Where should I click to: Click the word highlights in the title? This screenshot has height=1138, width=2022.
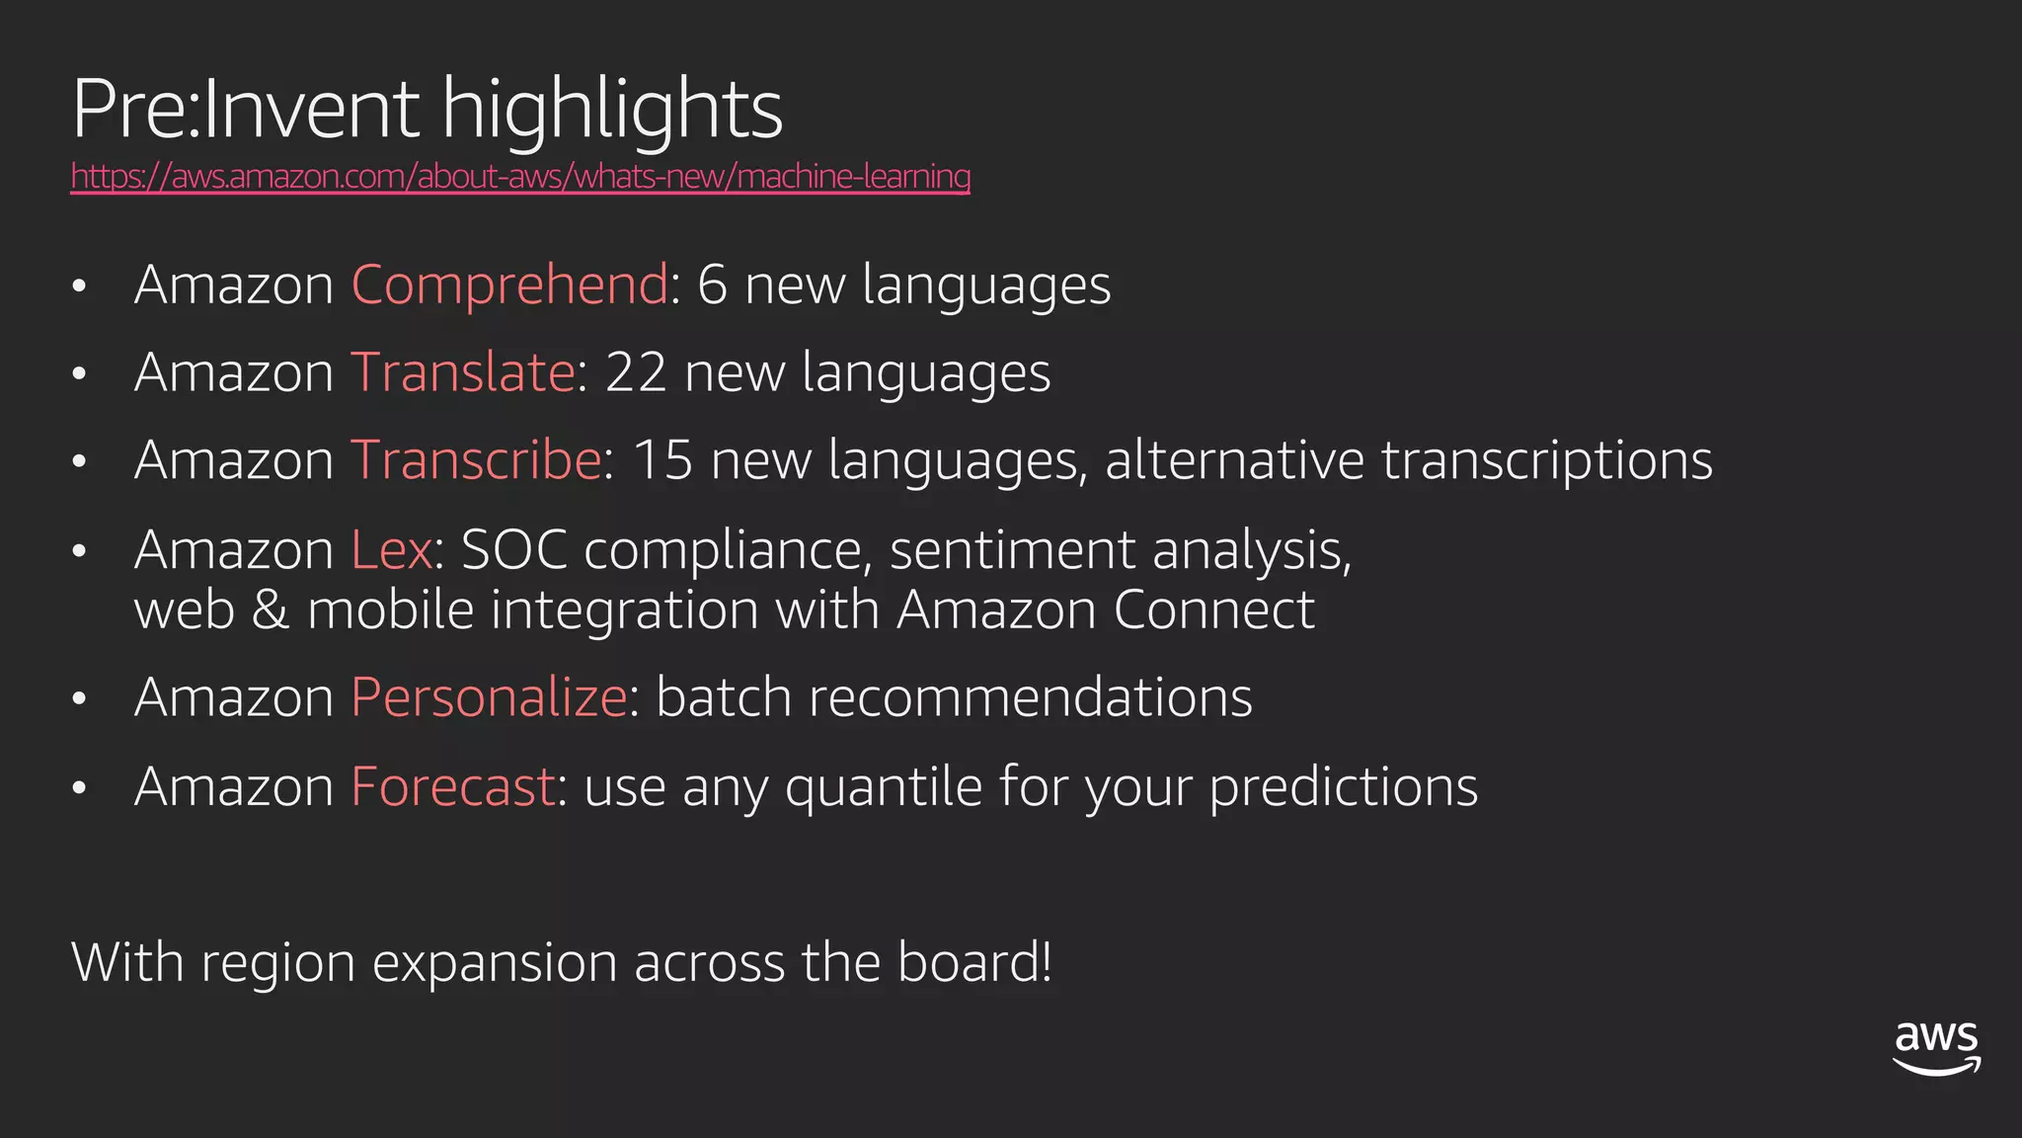[x=612, y=111]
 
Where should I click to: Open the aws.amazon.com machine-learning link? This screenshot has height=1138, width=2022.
[x=520, y=176]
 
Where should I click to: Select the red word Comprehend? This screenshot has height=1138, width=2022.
[x=509, y=285]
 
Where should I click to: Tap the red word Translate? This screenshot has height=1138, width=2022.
[x=463, y=372]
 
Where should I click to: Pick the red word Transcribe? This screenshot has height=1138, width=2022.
[x=476, y=460]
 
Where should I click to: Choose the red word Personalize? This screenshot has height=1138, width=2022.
[x=489, y=697]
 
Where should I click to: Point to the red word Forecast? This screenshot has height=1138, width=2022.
[x=453, y=786]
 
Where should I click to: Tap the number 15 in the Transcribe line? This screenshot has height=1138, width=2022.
[x=661, y=460]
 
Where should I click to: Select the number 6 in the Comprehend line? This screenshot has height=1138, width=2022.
[x=712, y=285]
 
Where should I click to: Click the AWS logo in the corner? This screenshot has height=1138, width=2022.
[x=1936, y=1048]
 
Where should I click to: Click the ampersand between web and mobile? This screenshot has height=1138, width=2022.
[x=270, y=610]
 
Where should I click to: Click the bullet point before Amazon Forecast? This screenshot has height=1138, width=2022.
[x=80, y=788]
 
